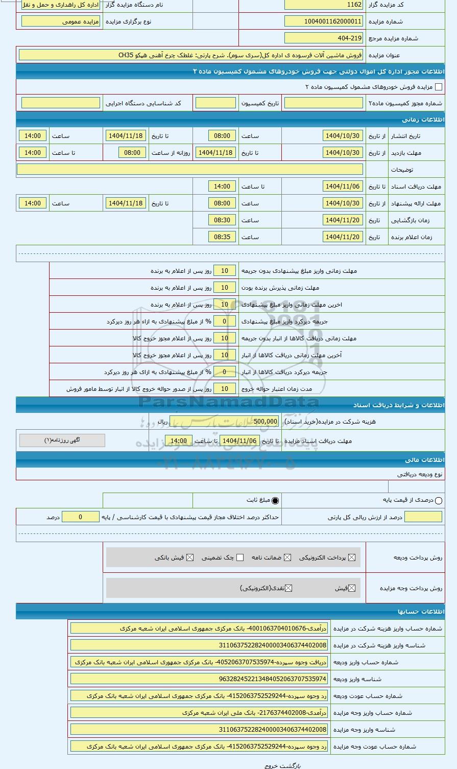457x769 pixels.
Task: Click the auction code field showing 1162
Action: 324,5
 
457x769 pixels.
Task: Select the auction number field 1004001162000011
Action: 324,21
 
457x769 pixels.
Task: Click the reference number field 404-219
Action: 324,38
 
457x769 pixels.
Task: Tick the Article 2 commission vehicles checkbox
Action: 438,87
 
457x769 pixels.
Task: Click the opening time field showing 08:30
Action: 222,220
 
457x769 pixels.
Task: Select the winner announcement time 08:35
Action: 222,237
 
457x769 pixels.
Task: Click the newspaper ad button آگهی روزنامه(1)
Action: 62,440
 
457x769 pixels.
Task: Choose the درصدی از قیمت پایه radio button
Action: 439,501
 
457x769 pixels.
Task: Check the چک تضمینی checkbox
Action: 240,557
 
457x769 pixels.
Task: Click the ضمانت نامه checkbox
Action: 288,557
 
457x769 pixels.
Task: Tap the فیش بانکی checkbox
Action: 190,557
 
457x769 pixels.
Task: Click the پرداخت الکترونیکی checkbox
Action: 352,557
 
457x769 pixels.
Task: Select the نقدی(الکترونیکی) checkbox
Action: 288,588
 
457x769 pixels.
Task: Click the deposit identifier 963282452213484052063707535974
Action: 199,679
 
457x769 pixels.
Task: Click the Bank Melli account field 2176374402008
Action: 199,713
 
